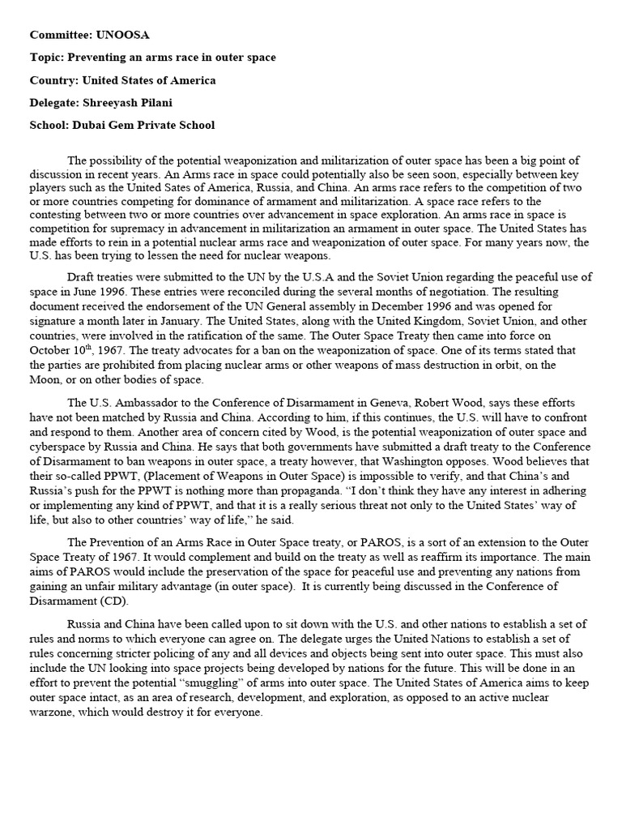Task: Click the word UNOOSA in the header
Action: (x=123, y=35)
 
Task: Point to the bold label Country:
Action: (x=54, y=80)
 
